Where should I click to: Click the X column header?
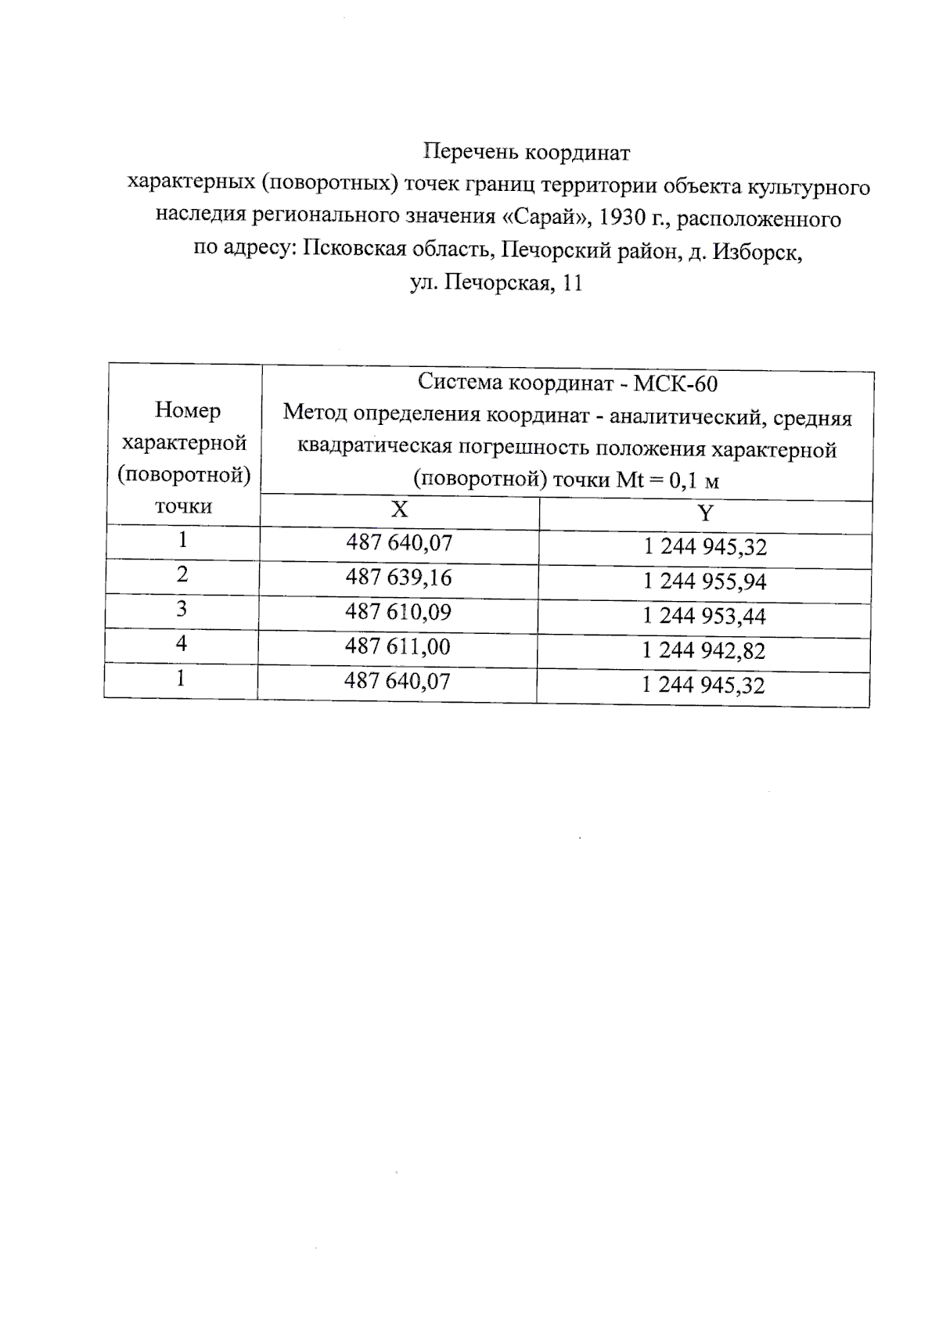pos(399,510)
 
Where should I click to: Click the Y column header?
pos(705,513)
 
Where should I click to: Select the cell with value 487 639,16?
pos(398,578)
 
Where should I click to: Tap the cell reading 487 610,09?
pos(398,612)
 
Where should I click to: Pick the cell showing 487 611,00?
pos(398,646)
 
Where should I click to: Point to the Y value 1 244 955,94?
pos(704,581)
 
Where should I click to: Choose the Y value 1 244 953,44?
pos(703,616)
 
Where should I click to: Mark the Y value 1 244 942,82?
pos(703,650)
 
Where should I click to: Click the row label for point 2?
pos(182,574)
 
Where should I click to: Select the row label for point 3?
pos(182,609)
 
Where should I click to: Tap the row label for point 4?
pos(182,643)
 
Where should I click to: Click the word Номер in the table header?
pos(187,410)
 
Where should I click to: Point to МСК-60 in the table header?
pos(675,383)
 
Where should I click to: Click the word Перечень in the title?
pos(470,151)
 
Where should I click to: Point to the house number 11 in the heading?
pos(572,283)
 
